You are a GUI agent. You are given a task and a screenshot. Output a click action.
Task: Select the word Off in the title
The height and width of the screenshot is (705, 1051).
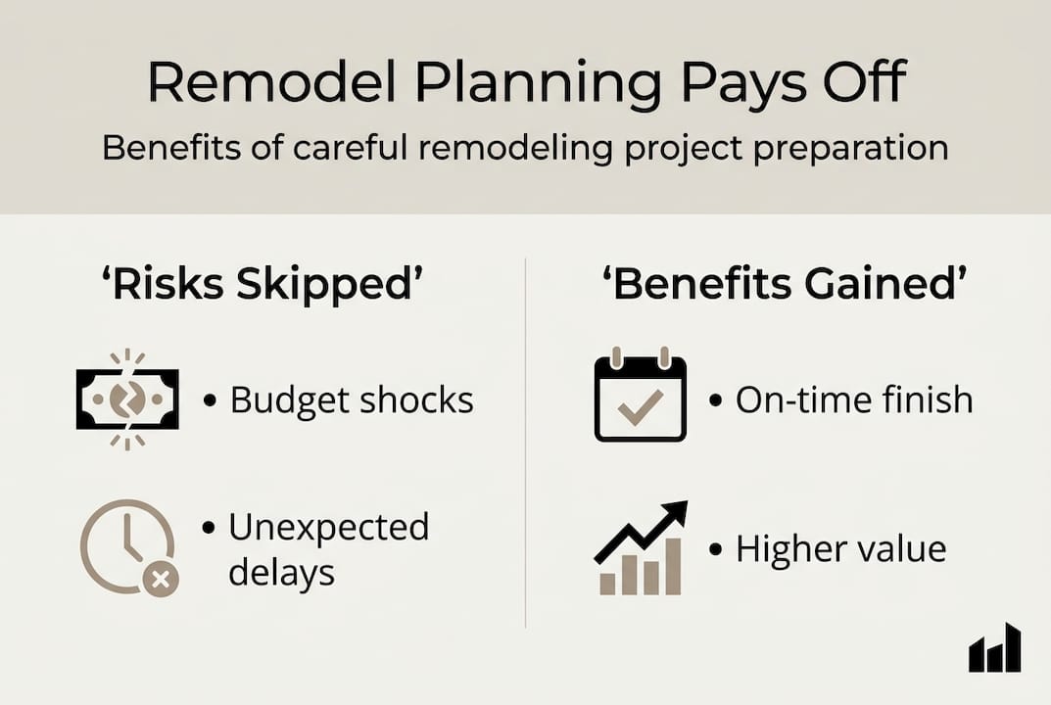click(x=853, y=84)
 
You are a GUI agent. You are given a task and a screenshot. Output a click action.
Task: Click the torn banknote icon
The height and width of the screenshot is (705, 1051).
click(x=127, y=399)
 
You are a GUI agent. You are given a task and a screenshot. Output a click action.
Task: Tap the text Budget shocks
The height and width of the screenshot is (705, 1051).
click(x=352, y=399)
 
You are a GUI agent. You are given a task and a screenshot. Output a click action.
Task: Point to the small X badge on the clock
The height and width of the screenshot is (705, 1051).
click(x=161, y=580)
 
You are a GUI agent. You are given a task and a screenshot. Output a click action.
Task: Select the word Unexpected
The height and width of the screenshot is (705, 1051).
click(x=328, y=527)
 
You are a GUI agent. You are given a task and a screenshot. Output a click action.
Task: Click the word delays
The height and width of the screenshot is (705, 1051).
click(x=281, y=573)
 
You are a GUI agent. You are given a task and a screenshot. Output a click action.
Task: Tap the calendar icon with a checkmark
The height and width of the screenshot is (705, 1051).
click(x=641, y=398)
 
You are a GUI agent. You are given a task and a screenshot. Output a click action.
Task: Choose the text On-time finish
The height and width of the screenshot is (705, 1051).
click(x=854, y=399)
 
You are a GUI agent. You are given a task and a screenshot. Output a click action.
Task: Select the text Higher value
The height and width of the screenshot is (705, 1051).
click(x=840, y=549)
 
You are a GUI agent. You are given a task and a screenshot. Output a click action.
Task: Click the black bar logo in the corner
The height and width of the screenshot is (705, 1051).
click(x=994, y=649)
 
